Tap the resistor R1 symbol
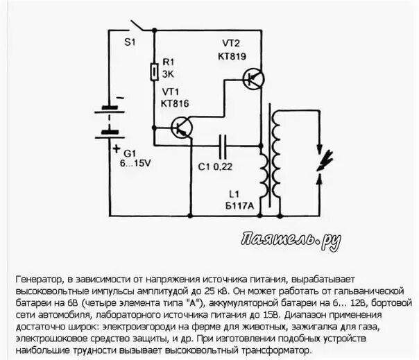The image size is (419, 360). coord(153,71)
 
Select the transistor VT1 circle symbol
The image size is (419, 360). coord(183,127)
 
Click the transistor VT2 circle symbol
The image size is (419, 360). coord(254,78)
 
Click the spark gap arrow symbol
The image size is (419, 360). coord(318,159)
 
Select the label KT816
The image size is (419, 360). coord(175,103)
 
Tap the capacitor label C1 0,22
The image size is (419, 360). coord(215,166)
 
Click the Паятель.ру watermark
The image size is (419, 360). coord(291,239)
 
